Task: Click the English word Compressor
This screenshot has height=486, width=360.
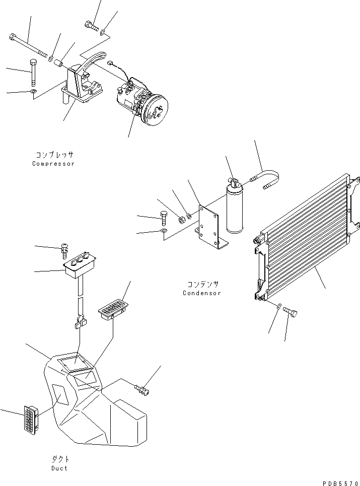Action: [x=53, y=164]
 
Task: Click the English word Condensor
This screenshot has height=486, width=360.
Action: [x=201, y=293]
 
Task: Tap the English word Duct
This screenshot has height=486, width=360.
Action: [x=59, y=468]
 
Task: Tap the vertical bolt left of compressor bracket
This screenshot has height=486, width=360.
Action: [x=33, y=73]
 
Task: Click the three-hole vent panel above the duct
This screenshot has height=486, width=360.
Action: [x=80, y=264]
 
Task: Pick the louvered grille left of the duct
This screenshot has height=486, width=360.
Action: [x=31, y=420]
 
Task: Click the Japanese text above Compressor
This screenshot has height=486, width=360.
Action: [x=54, y=155]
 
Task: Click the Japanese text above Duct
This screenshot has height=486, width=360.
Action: [x=59, y=459]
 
